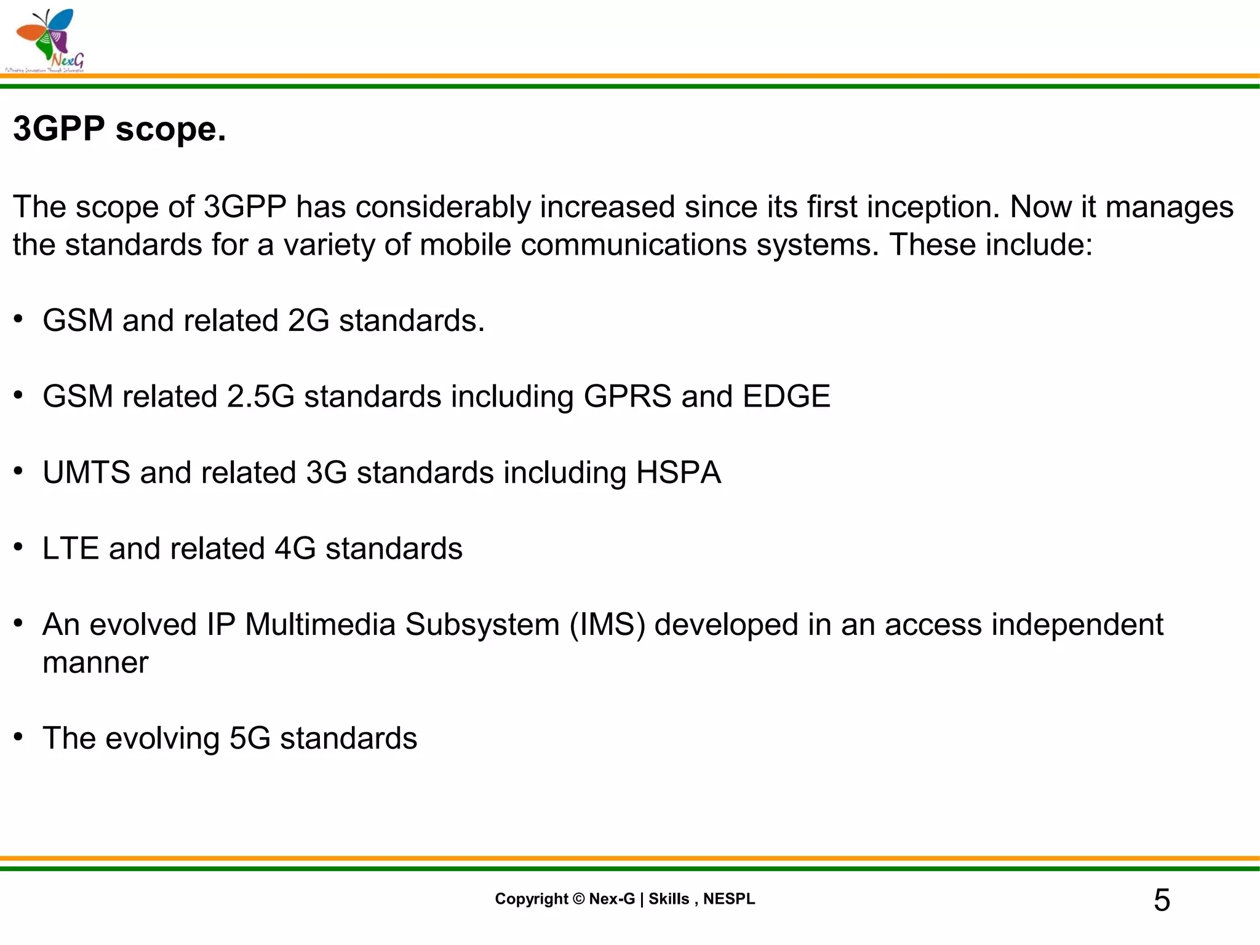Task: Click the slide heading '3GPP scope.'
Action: coord(119,129)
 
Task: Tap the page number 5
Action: coord(1162,900)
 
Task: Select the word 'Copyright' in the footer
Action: coord(532,899)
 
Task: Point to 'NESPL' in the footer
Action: coord(729,899)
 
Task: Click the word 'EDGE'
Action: coord(786,396)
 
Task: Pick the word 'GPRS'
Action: coord(628,396)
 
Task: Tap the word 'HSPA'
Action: coord(678,472)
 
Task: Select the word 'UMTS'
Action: coord(87,472)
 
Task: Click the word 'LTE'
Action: coord(71,548)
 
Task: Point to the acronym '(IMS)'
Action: coord(608,624)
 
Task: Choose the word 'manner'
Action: coord(95,663)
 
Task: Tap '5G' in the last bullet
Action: coord(250,738)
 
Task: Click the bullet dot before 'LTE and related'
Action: coord(19,547)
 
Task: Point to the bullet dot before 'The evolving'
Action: coord(19,736)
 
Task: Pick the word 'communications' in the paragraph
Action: coord(634,245)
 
